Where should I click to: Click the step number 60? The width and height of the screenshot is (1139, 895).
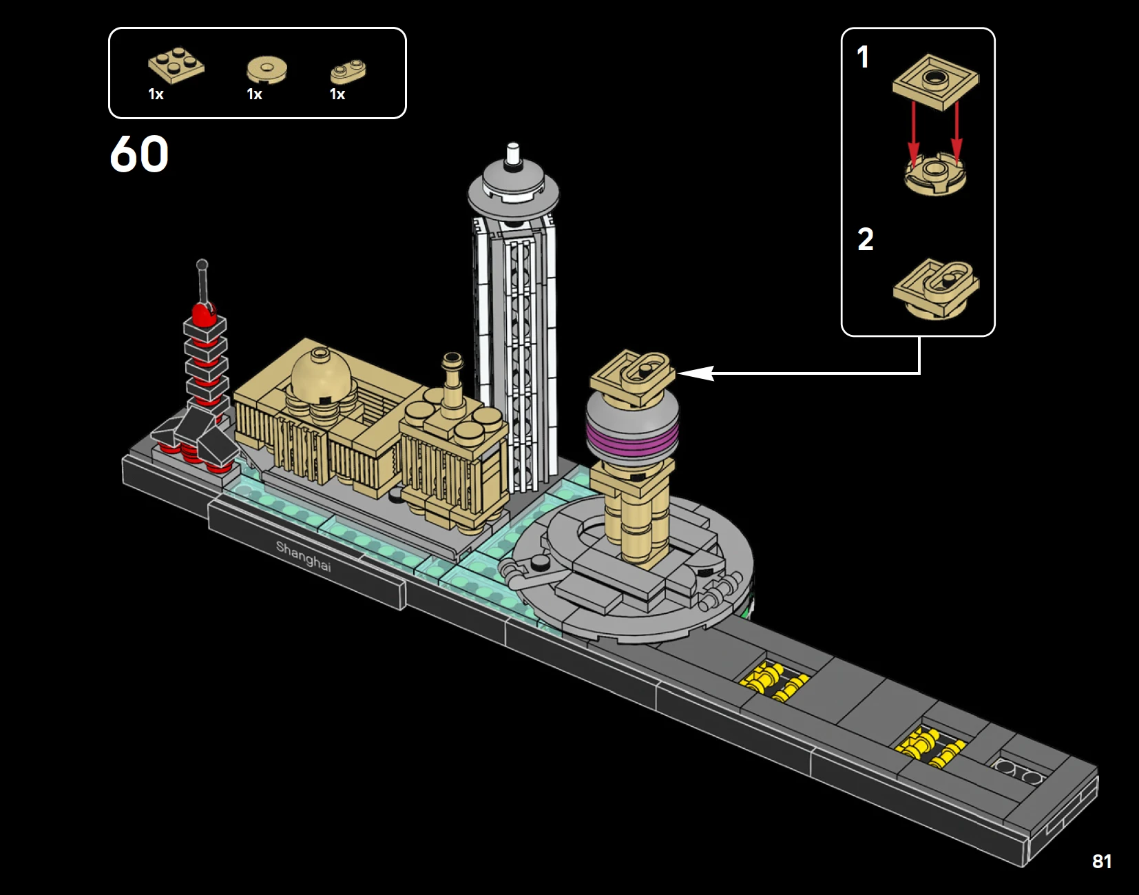tap(139, 154)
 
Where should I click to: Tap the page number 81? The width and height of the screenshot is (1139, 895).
tap(1102, 861)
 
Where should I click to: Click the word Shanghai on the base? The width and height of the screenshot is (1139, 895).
tap(304, 556)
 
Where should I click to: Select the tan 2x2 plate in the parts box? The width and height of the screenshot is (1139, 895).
tap(176, 65)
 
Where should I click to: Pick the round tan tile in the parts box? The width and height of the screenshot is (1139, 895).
tap(267, 69)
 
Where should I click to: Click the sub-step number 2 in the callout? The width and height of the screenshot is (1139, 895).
tap(866, 239)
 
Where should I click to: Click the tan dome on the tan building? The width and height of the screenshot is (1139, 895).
tap(320, 372)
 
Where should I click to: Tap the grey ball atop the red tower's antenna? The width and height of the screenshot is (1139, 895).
tap(202, 265)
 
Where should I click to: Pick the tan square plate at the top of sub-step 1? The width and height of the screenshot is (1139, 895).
tap(936, 82)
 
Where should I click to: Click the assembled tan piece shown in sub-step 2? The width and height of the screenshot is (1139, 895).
tap(936, 288)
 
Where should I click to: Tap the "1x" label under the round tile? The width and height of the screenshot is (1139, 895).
tap(254, 94)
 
